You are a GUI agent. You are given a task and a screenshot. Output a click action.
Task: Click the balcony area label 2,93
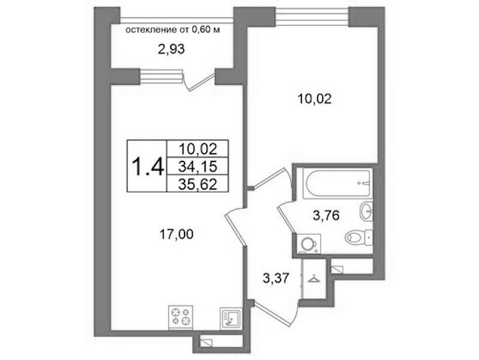(x=171, y=49)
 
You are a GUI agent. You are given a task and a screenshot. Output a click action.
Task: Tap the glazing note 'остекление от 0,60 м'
(x=173, y=29)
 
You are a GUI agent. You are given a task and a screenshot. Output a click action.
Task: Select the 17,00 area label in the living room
(x=176, y=235)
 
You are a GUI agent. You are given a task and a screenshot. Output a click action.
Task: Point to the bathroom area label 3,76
(x=326, y=215)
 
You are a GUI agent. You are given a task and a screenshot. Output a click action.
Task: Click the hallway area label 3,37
(x=276, y=278)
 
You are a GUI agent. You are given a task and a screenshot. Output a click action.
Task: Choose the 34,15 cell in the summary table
(x=198, y=166)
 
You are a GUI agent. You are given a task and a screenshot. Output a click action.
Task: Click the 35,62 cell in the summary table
(x=198, y=184)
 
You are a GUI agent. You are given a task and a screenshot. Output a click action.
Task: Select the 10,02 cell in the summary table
(x=198, y=149)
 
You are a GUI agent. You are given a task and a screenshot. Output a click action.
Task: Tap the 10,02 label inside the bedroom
(x=314, y=99)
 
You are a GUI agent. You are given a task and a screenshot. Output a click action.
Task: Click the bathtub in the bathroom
(x=338, y=183)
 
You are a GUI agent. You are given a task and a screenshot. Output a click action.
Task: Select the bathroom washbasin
(x=366, y=211)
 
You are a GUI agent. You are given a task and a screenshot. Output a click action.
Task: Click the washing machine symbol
(x=309, y=244)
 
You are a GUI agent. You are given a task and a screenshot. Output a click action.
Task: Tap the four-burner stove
(x=180, y=317)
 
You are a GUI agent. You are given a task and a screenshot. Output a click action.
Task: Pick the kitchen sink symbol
(x=231, y=318)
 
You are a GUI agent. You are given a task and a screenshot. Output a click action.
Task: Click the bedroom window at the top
(x=312, y=16)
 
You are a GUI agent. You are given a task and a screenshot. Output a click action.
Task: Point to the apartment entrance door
(x=275, y=315)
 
